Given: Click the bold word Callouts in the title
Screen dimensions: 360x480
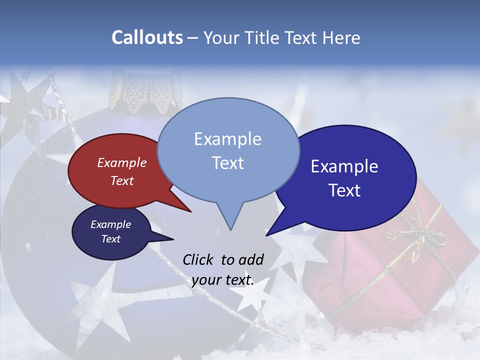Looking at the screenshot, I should [x=147, y=37].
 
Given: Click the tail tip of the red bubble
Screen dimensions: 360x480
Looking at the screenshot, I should [x=190, y=211].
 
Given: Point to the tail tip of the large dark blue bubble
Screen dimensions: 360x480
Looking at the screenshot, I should [x=266, y=235].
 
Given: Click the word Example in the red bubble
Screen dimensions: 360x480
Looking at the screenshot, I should [x=122, y=163].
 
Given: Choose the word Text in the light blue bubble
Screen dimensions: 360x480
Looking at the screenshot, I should [x=227, y=163].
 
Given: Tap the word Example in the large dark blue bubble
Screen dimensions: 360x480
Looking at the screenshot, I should [x=344, y=166].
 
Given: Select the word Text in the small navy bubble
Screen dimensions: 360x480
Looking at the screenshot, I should [x=111, y=239].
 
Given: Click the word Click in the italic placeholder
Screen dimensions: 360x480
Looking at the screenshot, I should [x=198, y=259].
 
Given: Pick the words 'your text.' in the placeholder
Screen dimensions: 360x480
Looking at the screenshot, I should [x=222, y=280].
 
